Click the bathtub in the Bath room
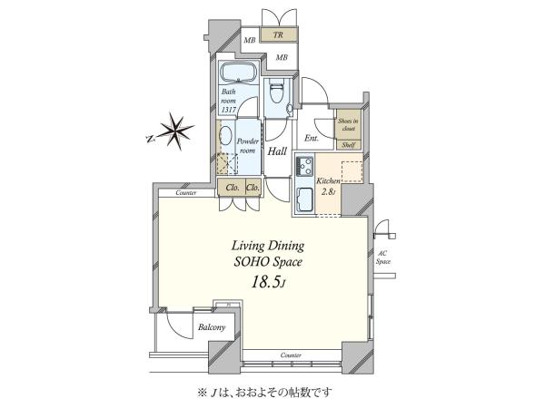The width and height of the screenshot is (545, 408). [239, 73]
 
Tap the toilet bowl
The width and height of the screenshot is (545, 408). [277, 92]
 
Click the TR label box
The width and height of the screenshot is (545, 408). [279, 34]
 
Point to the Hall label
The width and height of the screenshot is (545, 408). [277, 151]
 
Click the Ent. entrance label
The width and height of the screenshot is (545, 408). [312, 138]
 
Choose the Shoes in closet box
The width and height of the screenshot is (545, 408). [348, 124]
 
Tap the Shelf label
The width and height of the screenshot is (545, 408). [348, 145]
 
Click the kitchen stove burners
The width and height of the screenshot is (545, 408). [304, 166]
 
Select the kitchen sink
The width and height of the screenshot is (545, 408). [305, 199]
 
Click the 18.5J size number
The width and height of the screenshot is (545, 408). [268, 283]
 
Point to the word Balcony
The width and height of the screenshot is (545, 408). [212, 327]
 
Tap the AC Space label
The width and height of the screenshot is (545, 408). [382, 257]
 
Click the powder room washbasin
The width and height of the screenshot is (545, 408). [226, 136]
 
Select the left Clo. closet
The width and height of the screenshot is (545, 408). [232, 188]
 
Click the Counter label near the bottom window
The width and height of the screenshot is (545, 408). [291, 355]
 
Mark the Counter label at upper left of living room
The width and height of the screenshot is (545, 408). [186, 192]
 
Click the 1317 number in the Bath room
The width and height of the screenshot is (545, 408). [229, 110]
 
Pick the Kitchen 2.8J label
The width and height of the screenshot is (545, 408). [328, 186]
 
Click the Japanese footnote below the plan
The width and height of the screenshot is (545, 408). [265, 393]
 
